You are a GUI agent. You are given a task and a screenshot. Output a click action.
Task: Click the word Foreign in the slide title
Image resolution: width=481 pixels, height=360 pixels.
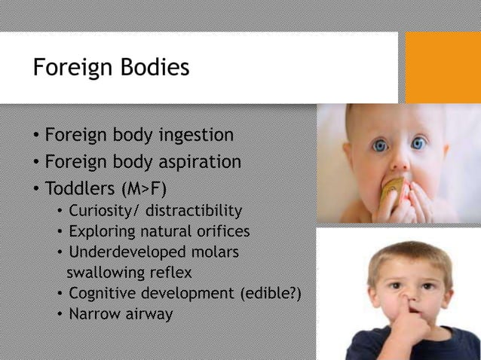tap(69, 69)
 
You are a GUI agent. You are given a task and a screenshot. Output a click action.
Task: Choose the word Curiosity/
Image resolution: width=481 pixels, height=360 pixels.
tap(105, 210)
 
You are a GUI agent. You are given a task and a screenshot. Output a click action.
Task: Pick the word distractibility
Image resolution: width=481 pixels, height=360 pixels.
tap(195, 210)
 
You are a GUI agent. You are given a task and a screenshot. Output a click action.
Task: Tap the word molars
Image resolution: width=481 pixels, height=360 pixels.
tap(219, 251)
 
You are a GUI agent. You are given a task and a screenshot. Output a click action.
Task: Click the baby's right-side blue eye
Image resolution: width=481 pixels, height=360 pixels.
tap(419, 142)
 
